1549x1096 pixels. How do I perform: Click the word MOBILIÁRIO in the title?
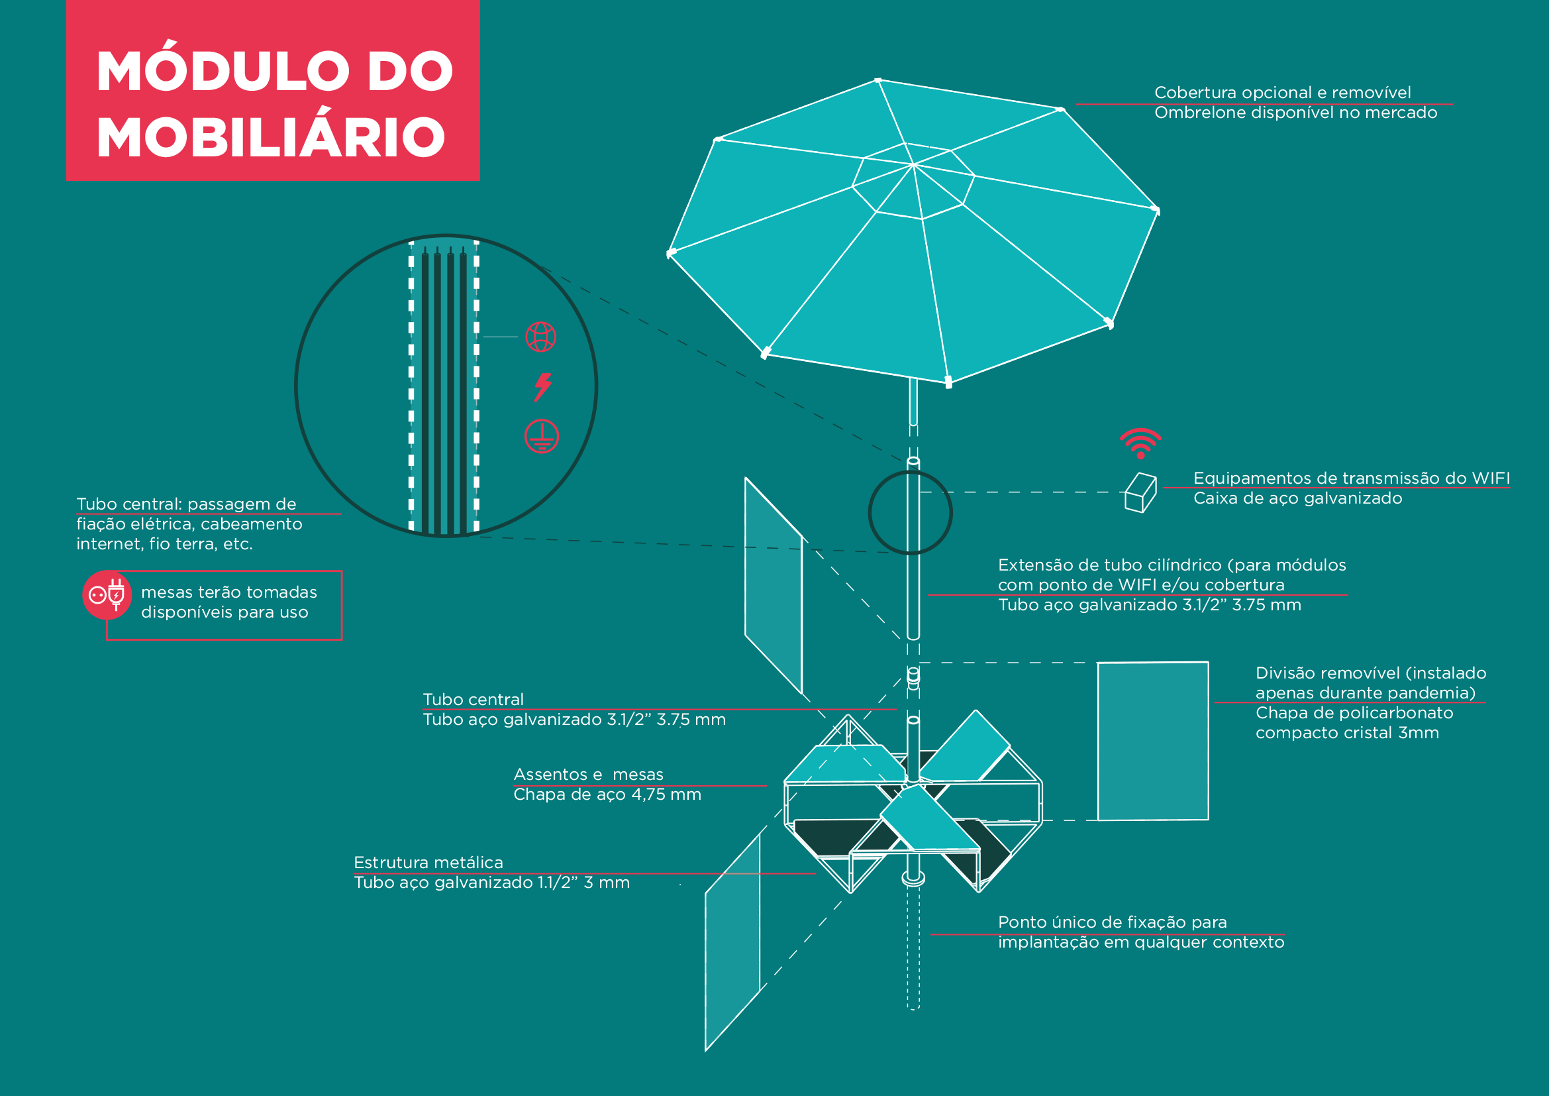click(x=271, y=137)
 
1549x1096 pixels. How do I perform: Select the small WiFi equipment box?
click(x=1140, y=492)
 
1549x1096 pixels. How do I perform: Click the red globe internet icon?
click(x=540, y=337)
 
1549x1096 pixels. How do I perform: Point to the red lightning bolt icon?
click(x=542, y=387)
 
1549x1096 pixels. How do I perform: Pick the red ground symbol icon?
click(x=541, y=436)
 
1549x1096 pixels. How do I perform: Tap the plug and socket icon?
click(x=107, y=594)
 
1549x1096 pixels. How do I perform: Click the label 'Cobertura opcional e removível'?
click(x=1282, y=93)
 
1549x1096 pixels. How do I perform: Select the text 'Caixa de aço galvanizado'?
click(x=1297, y=498)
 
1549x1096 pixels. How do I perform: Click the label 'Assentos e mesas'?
click(x=588, y=774)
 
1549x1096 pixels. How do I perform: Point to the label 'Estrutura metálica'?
click(x=428, y=863)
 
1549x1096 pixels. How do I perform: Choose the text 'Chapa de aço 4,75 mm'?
click(x=607, y=795)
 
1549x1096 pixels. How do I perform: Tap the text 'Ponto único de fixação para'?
click(x=1112, y=922)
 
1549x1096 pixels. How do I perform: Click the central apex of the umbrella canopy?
click(x=913, y=164)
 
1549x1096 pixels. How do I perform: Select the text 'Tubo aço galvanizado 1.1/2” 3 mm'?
click(x=492, y=883)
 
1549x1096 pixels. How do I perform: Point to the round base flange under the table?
click(x=913, y=878)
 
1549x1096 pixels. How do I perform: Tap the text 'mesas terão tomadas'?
click(x=228, y=592)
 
